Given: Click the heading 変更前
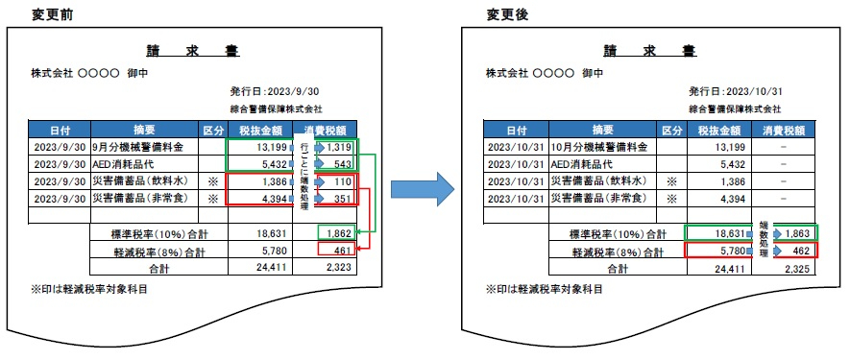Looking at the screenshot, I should (x=30, y=14).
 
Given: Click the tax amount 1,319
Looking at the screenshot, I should (x=339, y=147).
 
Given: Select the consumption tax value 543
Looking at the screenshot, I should (x=344, y=164).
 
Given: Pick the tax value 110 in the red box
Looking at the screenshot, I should (x=344, y=181).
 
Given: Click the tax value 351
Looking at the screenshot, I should (x=344, y=199).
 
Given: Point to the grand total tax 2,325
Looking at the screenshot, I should (x=795, y=268).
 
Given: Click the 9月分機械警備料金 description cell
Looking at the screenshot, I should (x=143, y=147).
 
